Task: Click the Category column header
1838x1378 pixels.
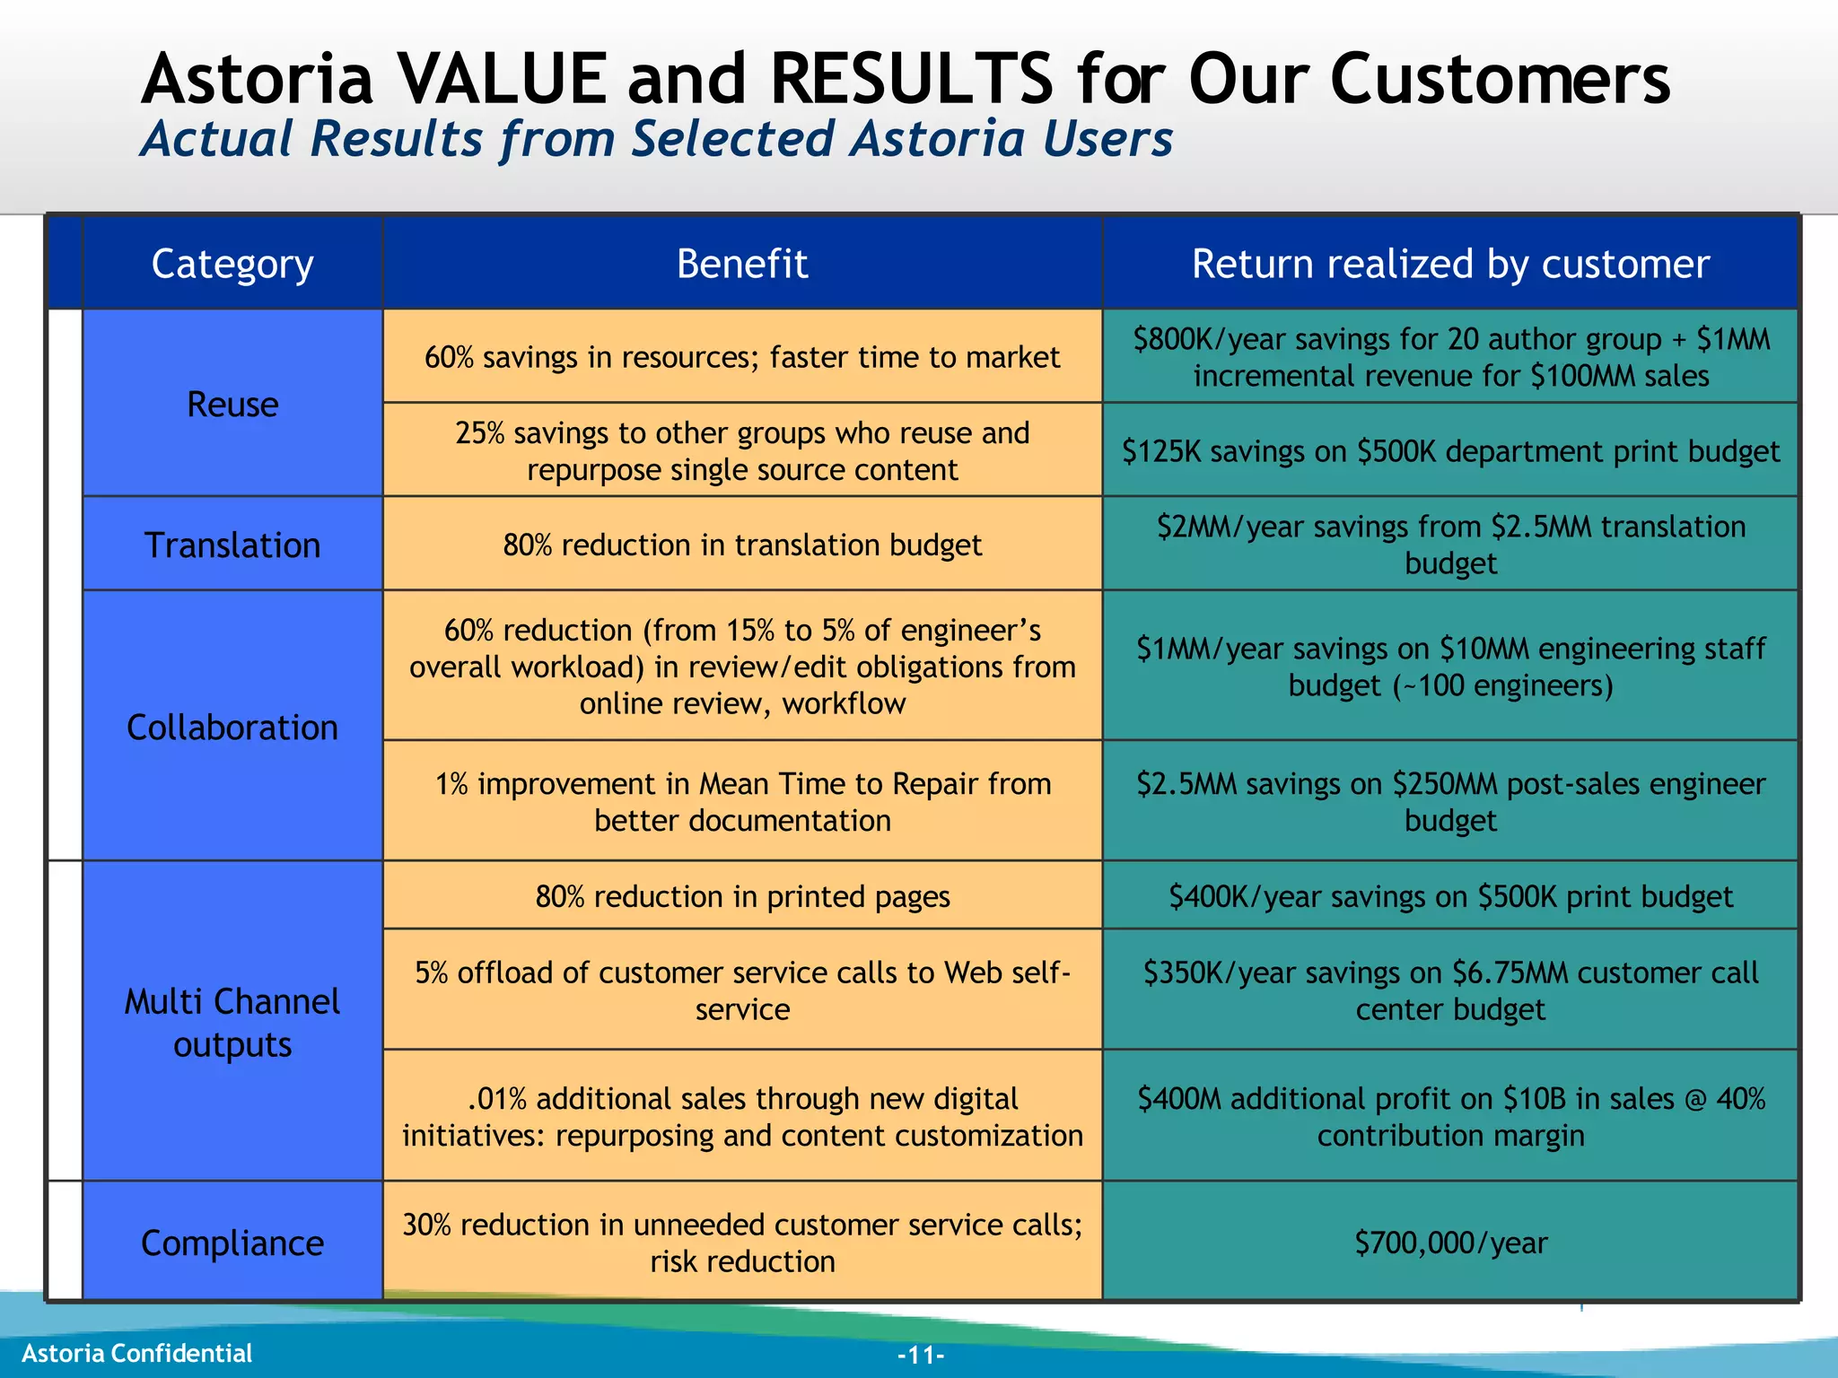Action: (x=232, y=264)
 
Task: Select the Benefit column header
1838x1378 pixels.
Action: (x=742, y=264)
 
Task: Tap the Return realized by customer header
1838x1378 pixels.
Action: (x=1450, y=264)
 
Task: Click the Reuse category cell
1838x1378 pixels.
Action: (x=232, y=404)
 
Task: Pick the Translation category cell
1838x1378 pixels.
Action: (x=232, y=545)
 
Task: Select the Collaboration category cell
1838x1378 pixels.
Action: (x=232, y=727)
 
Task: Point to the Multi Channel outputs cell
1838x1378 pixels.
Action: (x=232, y=1023)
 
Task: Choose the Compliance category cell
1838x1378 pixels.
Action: (x=232, y=1243)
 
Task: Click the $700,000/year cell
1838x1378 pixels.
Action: (x=1450, y=1243)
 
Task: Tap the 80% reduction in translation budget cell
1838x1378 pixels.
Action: (x=742, y=545)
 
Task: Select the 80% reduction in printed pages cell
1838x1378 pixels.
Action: (x=742, y=896)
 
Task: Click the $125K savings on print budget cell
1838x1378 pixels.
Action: (x=1450, y=450)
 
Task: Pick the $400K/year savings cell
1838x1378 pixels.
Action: (x=1450, y=896)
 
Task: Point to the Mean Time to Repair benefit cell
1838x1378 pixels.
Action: (x=742, y=801)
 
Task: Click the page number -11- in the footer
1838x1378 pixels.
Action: (x=921, y=1355)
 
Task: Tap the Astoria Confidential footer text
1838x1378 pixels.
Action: (x=136, y=1353)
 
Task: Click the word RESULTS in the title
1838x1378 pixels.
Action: (x=911, y=79)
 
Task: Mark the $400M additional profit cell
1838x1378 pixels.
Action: (x=1450, y=1116)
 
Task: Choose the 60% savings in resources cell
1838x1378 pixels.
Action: (x=742, y=357)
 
